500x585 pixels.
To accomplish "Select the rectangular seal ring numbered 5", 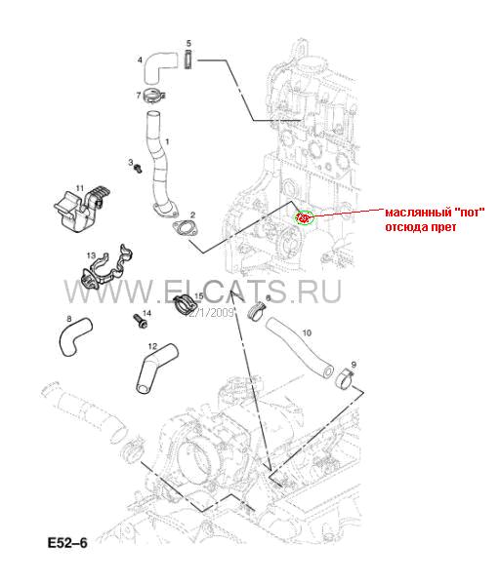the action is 188,58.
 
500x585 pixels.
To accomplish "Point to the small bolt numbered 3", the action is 139,169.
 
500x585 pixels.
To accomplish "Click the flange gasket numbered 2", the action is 186,229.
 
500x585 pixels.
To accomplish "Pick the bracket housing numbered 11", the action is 80,209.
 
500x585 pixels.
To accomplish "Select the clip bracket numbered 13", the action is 106,269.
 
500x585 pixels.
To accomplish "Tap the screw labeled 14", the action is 140,322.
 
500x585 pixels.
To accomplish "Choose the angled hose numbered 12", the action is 155,369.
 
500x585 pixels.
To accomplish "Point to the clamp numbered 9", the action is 347,379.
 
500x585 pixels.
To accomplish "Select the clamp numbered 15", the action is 186,304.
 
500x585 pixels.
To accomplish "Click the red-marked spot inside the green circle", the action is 303,217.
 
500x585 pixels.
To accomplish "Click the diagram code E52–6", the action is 67,543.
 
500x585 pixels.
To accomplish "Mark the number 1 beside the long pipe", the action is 167,141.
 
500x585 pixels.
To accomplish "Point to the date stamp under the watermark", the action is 210,312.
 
